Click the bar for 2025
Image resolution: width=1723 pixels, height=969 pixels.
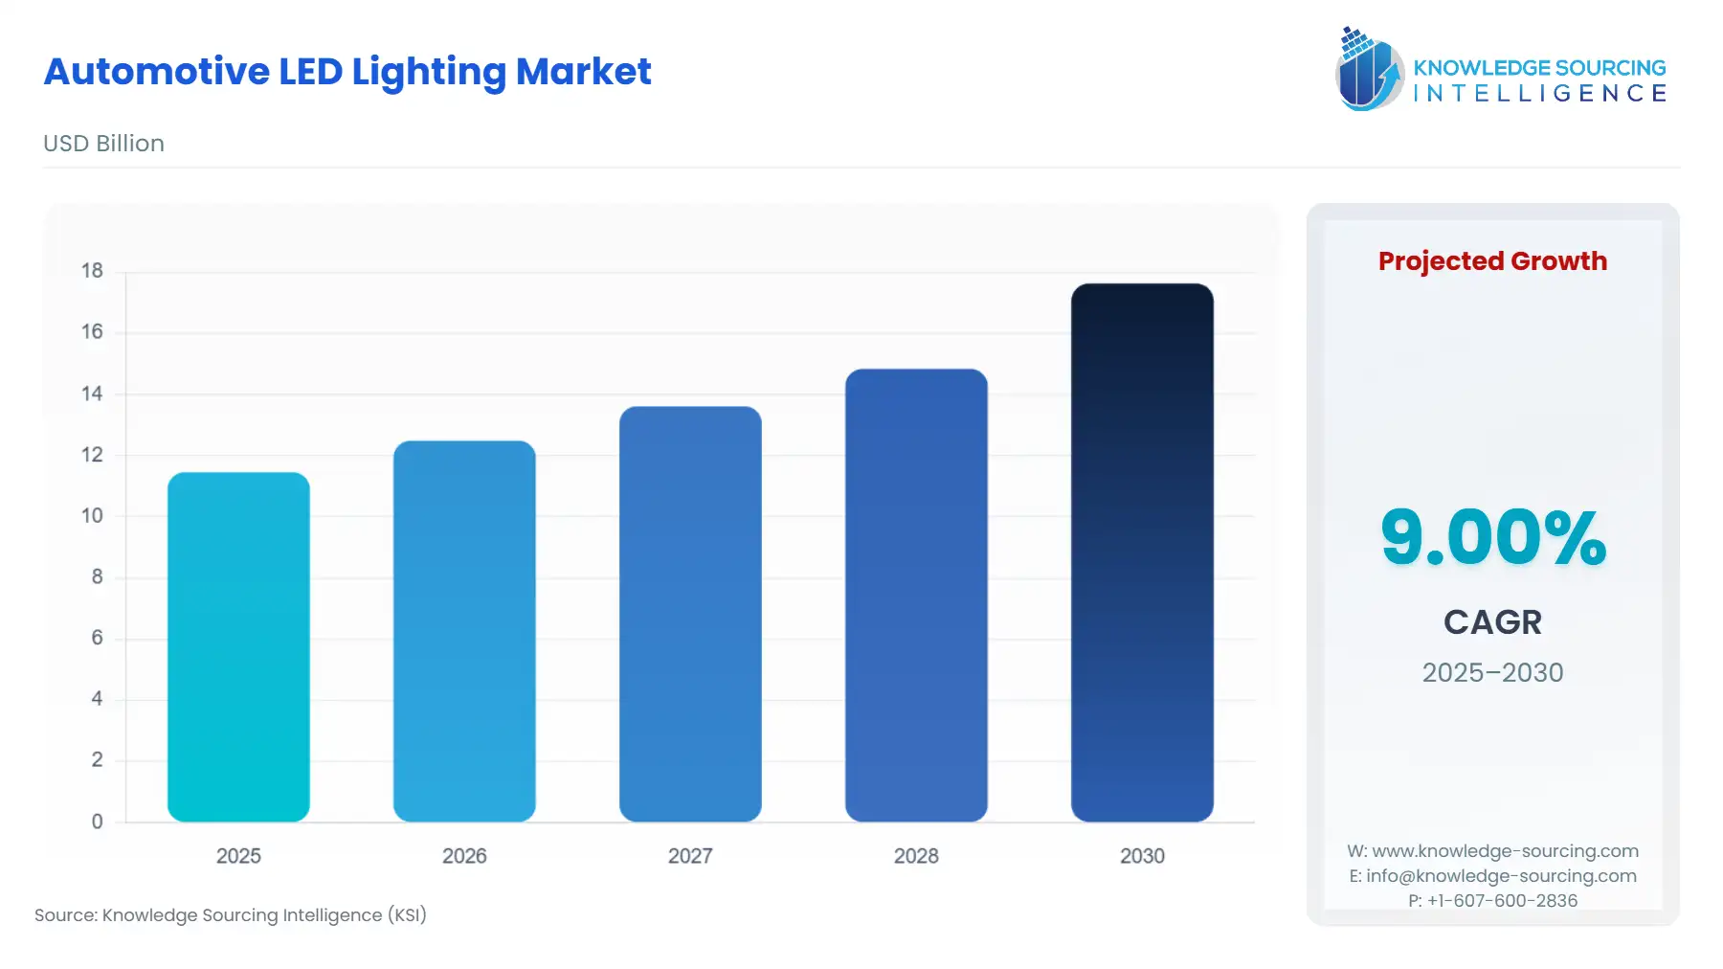(238, 647)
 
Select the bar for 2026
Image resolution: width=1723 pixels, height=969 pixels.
(464, 631)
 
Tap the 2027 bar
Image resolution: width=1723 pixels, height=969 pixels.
(690, 614)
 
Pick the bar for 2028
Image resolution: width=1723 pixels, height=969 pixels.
(916, 595)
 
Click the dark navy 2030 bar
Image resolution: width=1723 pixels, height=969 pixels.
(1142, 552)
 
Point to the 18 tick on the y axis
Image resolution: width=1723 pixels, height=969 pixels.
(92, 271)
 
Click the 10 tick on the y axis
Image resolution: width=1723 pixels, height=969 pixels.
(92, 516)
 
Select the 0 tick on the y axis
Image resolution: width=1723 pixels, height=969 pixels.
(97, 822)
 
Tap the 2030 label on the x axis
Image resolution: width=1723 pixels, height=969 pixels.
(1142, 856)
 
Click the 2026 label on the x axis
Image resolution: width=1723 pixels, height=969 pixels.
(464, 856)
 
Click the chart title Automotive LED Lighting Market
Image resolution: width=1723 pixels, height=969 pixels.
(347, 72)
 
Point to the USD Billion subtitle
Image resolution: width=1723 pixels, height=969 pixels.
(103, 144)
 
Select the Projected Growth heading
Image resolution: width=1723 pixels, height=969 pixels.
(1492, 260)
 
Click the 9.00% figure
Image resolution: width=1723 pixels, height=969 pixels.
(1492, 537)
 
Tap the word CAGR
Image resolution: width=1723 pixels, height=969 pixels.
(1492, 622)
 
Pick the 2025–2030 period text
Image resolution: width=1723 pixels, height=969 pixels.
(1492, 672)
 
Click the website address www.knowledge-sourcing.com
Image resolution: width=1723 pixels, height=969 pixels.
(1505, 851)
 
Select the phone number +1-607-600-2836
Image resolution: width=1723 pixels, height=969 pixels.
(1502, 901)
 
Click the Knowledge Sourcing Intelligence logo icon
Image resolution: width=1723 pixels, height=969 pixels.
(1369, 69)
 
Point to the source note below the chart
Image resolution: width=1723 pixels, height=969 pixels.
(231, 915)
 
